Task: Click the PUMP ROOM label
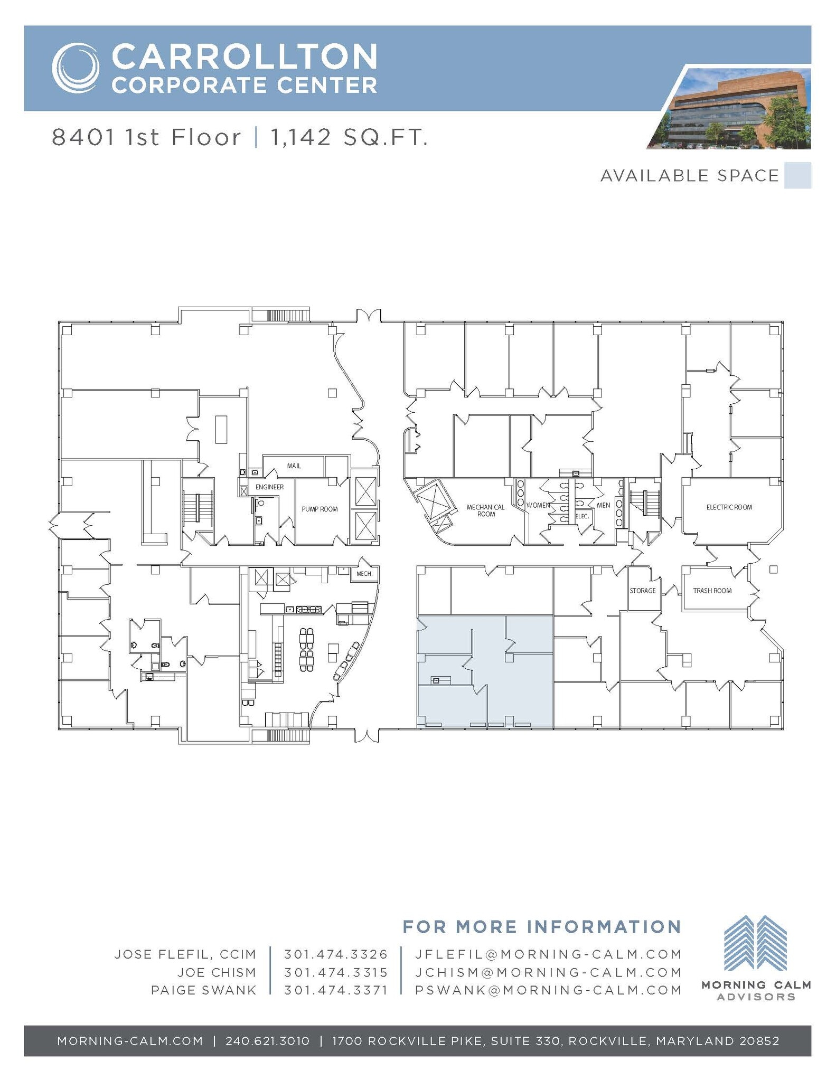(320, 509)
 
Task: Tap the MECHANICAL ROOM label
(485, 510)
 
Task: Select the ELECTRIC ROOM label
(729, 507)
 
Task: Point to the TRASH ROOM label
(712, 591)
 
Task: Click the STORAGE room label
(642, 591)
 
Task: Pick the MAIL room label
(294, 466)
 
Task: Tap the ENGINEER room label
(269, 487)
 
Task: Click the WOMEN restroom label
(538, 505)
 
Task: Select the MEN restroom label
(603, 505)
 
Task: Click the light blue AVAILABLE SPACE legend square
(797, 176)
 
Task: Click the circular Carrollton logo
(76, 68)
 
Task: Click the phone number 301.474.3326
(336, 954)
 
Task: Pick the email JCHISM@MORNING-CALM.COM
(548, 972)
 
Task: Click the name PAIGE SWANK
(203, 990)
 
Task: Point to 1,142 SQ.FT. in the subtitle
(349, 138)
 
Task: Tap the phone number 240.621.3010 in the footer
(267, 1041)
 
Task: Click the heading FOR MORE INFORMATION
(541, 927)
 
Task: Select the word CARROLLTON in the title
(245, 56)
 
